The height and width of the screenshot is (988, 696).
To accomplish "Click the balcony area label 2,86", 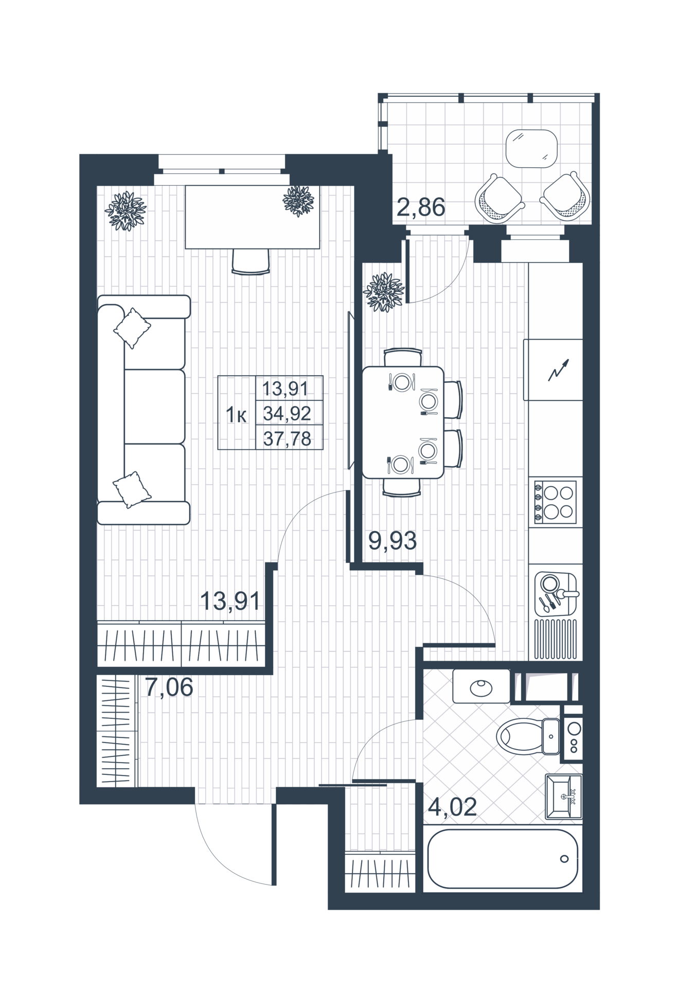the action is (421, 207).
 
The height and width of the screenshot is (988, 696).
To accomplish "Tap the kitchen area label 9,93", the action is (392, 540).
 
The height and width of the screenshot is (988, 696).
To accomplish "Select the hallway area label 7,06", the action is (169, 687).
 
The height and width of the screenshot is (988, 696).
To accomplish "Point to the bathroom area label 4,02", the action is (452, 806).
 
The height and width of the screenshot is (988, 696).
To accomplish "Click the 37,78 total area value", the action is (287, 438).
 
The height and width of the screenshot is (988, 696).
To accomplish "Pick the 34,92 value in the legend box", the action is (287, 413).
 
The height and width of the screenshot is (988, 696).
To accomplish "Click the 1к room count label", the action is (236, 415).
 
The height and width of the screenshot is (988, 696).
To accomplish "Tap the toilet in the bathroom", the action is (528, 736).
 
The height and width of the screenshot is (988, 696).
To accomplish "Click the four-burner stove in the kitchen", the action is (556, 502).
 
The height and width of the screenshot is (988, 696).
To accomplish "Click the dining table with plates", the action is (403, 422).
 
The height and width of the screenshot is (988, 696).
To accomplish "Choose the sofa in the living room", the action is (144, 410).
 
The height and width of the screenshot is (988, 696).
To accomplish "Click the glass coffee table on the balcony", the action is (531, 148).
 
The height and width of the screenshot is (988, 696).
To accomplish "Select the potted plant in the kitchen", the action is (383, 292).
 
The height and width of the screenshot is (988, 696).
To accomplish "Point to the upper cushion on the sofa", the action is (132, 328).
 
